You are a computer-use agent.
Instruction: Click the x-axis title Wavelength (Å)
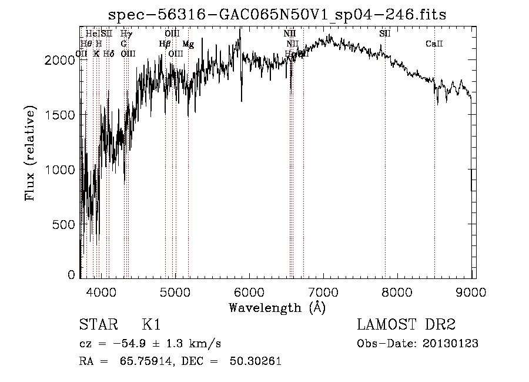(x=277, y=307)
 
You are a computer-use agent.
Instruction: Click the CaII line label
(x=434, y=44)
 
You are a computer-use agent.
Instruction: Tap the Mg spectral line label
(x=188, y=44)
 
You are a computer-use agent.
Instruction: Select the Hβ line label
(x=165, y=44)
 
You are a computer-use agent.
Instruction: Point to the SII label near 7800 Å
(x=385, y=34)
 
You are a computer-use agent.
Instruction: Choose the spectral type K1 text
(x=151, y=325)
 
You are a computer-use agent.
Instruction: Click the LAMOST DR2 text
(x=406, y=325)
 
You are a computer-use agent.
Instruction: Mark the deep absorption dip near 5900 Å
(x=242, y=97)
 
